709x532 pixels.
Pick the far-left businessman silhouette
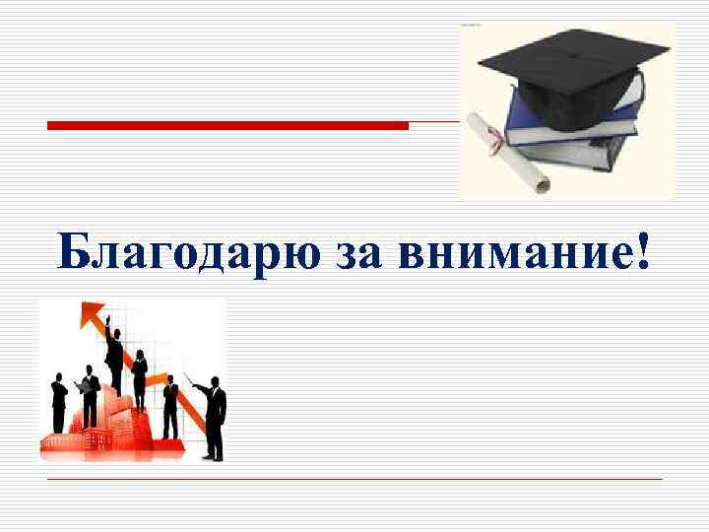pyautogui.click(x=60, y=399)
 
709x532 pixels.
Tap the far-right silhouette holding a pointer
pyautogui.click(x=214, y=419)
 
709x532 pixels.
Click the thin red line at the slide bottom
pyautogui.click(x=354, y=479)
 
